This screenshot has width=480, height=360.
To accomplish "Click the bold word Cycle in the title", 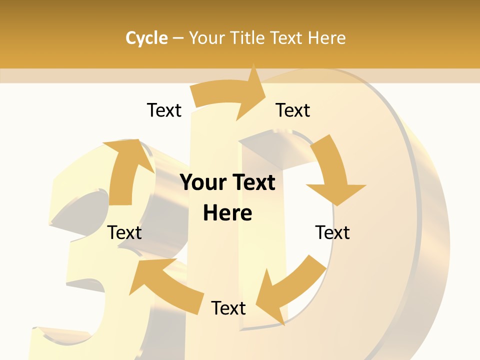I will [x=146, y=38].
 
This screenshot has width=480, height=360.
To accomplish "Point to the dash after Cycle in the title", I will [x=178, y=38].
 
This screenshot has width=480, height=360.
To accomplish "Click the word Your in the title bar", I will [x=206, y=38].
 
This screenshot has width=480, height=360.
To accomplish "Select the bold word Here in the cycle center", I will [x=227, y=213].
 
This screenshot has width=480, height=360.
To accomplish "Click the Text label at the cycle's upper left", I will [x=164, y=110].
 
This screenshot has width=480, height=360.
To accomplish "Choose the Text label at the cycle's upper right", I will [x=293, y=110].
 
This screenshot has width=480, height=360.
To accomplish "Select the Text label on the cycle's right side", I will [x=332, y=233].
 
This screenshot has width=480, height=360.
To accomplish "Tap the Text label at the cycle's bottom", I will [x=228, y=308].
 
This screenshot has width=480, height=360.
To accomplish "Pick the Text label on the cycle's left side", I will [x=125, y=233].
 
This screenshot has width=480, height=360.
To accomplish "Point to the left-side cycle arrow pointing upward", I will [x=125, y=170].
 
